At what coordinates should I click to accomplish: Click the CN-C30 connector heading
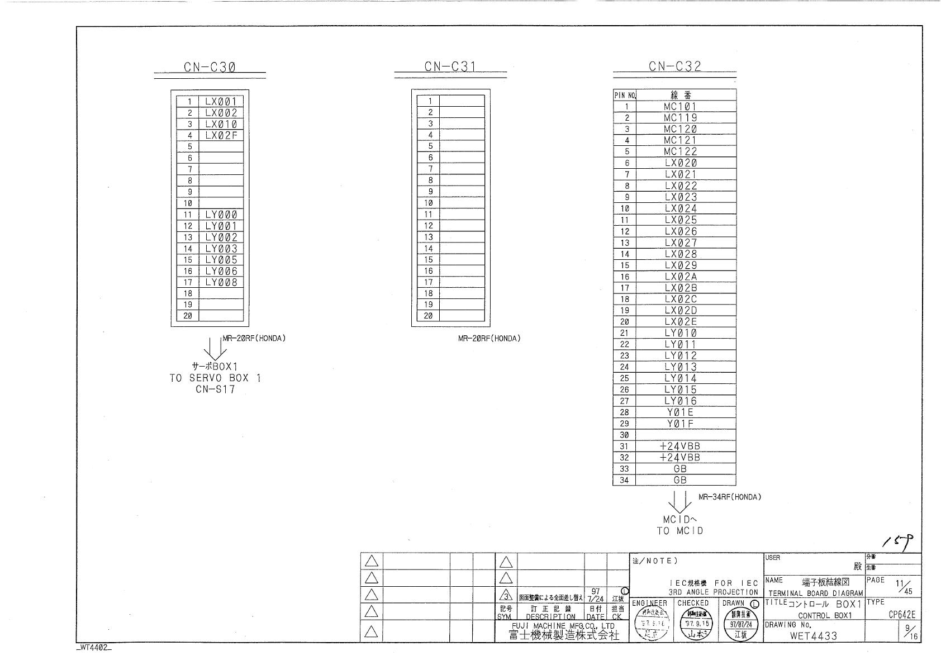[x=210, y=68]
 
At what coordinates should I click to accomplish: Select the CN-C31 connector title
[x=450, y=67]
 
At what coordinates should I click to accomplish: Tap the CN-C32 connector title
[x=674, y=66]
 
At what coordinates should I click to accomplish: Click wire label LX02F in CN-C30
[x=221, y=135]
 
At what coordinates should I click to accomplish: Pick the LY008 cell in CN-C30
[x=221, y=282]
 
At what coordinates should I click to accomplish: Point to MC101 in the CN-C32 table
[x=680, y=106]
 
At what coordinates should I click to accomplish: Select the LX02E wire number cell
[x=681, y=321]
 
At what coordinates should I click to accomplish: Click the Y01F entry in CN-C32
[x=680, y=424]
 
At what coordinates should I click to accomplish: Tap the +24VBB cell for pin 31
[x=679, y=446]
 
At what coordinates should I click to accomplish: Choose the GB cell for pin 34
[x=680, y=480]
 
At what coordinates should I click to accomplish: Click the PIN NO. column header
[x=625, y=95]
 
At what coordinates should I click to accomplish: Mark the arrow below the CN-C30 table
[x=215, y=349]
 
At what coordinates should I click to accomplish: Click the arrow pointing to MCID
[x=679, y=502]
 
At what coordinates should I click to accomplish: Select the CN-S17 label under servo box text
[x=215, y=389]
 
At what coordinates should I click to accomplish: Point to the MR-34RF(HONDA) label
[x=729, y=497]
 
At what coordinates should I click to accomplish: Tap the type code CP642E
[x=902, y=615]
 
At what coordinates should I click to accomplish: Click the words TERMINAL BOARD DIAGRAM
[x=815, y=593]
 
